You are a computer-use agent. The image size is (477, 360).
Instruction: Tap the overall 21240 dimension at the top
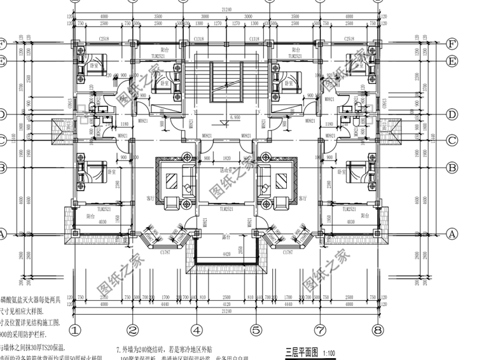[x=226, y=10]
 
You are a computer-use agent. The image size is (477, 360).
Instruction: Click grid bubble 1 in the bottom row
[x=74, y=330]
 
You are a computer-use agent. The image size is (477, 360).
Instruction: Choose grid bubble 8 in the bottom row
[x=378, y=330]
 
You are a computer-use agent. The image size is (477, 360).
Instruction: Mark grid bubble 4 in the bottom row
[x=197, y=330]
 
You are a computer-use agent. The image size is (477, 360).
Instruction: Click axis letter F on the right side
[x=452, y=45]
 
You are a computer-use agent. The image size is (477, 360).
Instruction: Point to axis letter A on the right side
[x=452, y=233]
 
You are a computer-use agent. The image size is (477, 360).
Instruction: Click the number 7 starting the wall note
[x=118, y=349]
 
